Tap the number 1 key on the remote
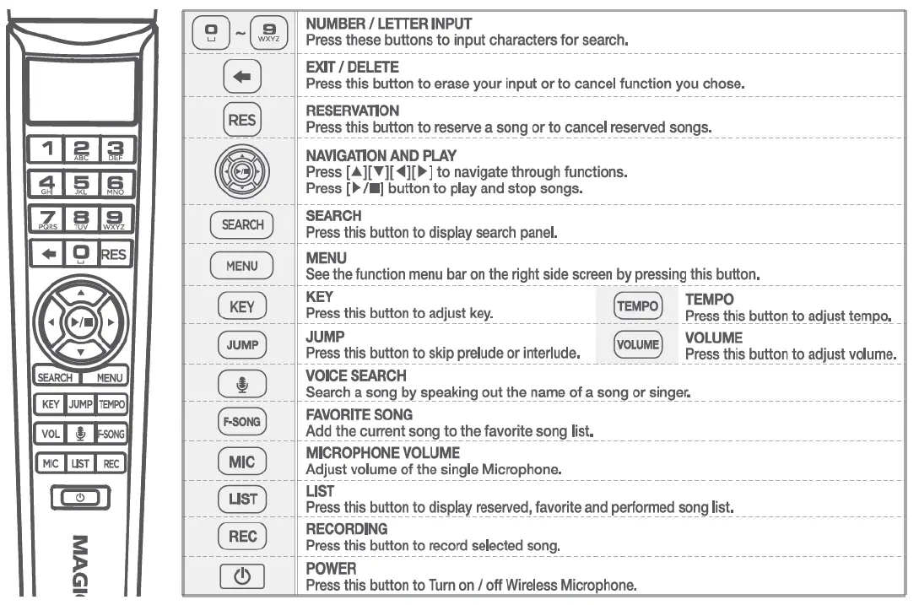pyautogui.click(x=47, y=149)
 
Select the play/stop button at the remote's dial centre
pyautogui.click(x=79, y=321)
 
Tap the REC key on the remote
pyautogui.click(x=111, y=463)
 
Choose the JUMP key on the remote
pyautogui.click(x=80, y=404)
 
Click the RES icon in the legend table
pyautogui.click(x=241, y=120)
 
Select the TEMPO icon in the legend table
pyautogui.click(x=637, y=306)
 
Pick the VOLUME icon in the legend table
pyautogui.click(x=637, y=344)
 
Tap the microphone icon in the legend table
pyautogui.click(x=241, y=384)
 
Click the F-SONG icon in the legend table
pyautogui.click(x=241, y=421)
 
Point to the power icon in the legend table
pyautogui.click(x=241, y=576)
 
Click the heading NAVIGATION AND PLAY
pyautogui.click(x=381, y=156)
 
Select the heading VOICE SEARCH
pyautogui.click(x=355, y=375)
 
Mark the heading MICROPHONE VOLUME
pyautogui.click(x=382, y=453)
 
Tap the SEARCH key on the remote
pyautogui.click(x=55, y=378)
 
